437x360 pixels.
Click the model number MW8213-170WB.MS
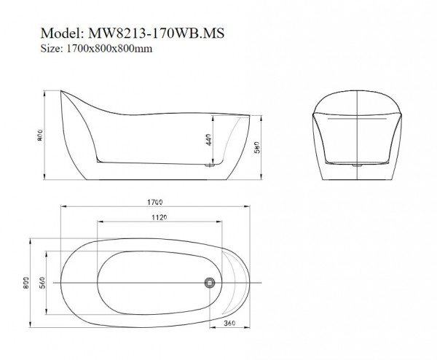tap(156, 34)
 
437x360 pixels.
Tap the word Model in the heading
tap(62, 34)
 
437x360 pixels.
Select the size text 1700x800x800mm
tap(109, 49)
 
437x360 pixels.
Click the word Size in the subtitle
tap(52, 49)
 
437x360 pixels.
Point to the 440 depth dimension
tap(209, 140)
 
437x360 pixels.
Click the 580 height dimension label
tap(257, 147)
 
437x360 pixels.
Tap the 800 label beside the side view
tap(40, 136)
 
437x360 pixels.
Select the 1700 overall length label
tap(155, 202)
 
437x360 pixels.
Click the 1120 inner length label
tap(159, 217)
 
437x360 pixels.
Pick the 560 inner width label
tap(42, 283)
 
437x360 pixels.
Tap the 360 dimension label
tap(229, 323)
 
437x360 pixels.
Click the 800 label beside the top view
tap(26, 283)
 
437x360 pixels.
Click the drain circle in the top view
tap(210, 283)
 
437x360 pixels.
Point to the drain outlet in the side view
tap(209, 165)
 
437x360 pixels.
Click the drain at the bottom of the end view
tap(358, 165)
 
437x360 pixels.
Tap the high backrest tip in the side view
tap(61, 90)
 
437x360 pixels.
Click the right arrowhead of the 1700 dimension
tap(247, 207)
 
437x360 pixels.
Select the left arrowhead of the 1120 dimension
tap(101, 222)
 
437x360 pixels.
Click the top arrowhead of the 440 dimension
tap(213, 118)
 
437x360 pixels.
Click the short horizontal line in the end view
tap(357, 119)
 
